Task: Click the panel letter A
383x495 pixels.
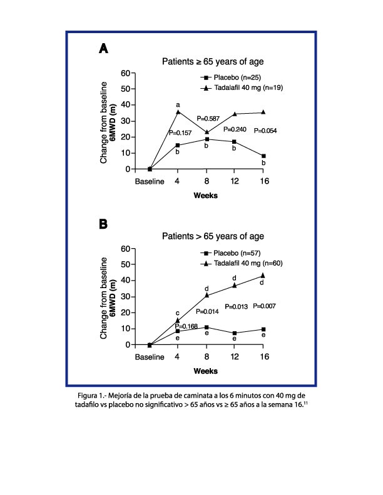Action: point(103,49)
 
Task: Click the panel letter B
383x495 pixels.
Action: point(103,224)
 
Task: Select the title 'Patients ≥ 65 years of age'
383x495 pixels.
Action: point(213,61)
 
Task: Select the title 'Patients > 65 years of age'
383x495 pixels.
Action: point(213,236)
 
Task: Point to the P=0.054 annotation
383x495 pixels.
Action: point(265,131)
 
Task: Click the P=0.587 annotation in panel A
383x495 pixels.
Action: point(209,118)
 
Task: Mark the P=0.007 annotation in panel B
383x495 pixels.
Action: point(265,306)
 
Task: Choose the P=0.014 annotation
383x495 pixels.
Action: point(208,311)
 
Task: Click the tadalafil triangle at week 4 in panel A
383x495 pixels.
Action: point(178,111)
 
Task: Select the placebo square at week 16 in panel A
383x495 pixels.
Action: point(263,156)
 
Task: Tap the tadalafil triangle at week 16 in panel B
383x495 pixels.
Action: point(263,275)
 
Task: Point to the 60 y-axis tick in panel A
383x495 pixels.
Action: point(125,73)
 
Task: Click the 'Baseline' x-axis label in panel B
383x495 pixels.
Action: point(150,357)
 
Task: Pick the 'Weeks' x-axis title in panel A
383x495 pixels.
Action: point(205,195)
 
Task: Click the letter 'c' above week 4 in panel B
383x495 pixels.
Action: point(178,312)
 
